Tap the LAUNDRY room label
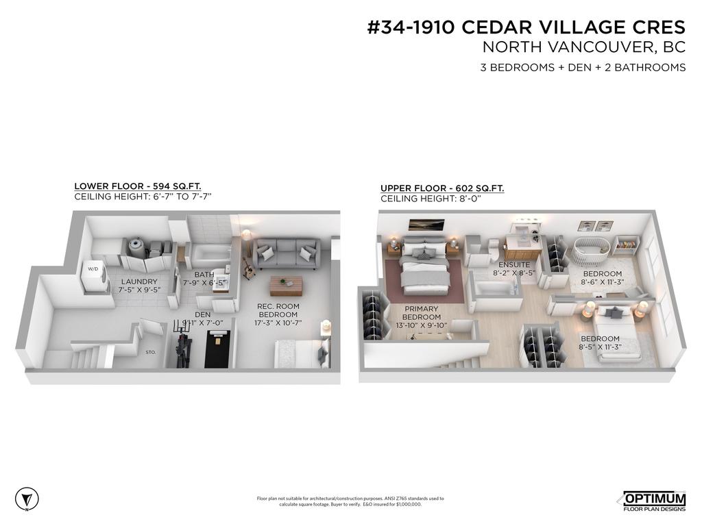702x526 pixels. tap(140, 281)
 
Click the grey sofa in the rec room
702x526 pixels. tap(286, 253)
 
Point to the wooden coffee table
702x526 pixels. tap(286, 285)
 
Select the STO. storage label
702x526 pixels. tap(151, 352)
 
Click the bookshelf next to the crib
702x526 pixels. tap(625, 244)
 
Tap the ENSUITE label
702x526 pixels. tap(513, 264)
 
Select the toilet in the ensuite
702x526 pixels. tap(492, 251)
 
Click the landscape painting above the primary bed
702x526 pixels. tap(426, 225)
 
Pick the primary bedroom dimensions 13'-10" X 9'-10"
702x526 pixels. tap(421, 325)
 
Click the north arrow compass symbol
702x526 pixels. tap(26, 498)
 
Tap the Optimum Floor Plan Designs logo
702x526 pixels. tap(653, 501)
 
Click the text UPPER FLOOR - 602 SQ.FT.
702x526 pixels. tap(442, 188)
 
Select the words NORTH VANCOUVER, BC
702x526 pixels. tap(584, 47)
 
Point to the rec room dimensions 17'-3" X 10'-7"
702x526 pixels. tap(278, 323)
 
